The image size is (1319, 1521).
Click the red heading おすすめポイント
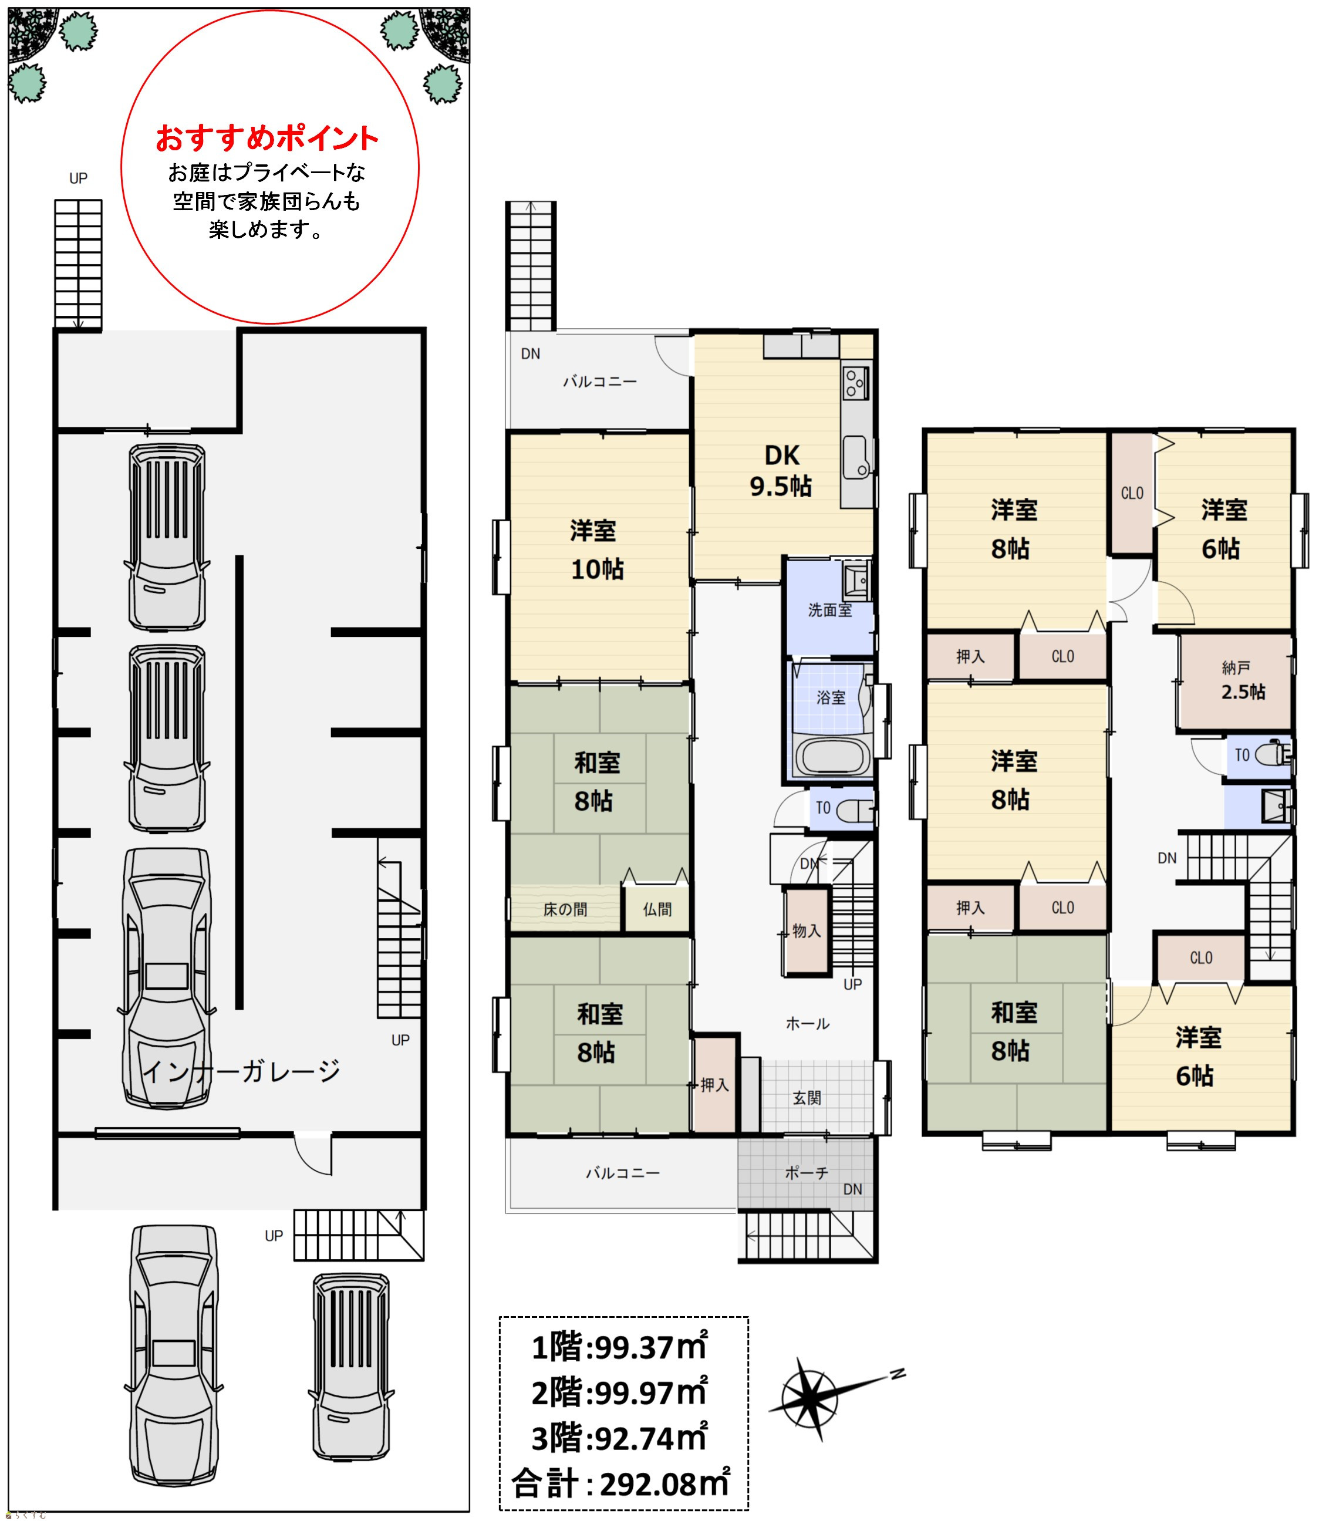[267, 138]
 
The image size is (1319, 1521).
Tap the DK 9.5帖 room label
[781, 470]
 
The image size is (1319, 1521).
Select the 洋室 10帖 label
[596, 549]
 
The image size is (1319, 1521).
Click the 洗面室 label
[829, 609]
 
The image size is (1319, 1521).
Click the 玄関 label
[807, 1098]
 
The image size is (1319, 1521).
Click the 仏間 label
[657, 909]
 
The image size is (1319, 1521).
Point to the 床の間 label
[565, 909]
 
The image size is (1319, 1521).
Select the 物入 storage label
[807, 930]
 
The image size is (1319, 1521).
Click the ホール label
[808, 1023]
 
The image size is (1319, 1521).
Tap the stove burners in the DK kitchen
[855, 382]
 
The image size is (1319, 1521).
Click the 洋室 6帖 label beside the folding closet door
[1223, 528]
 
